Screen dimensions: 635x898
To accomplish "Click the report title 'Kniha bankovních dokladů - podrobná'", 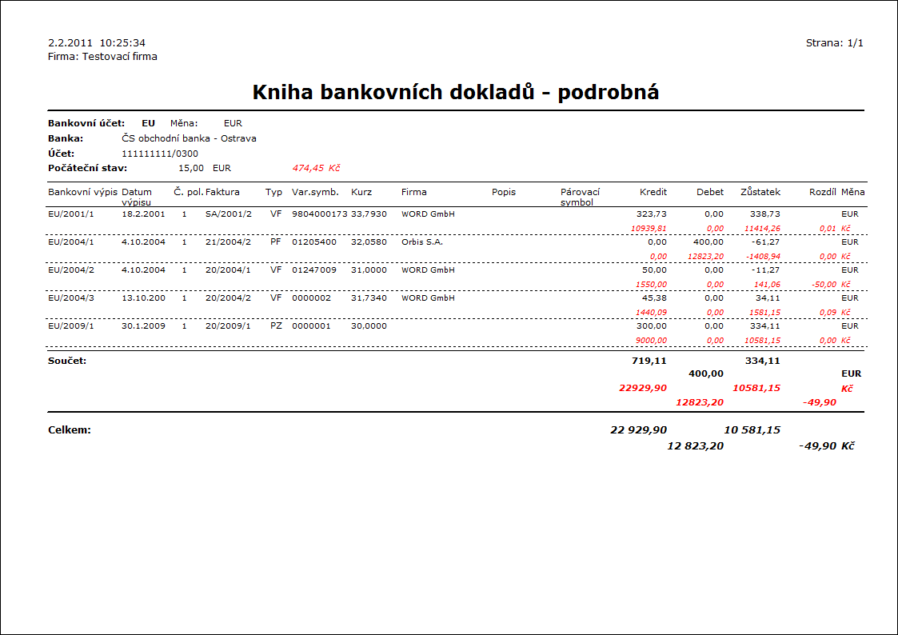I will [x=455, y=93].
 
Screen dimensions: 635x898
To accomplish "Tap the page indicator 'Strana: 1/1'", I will [x=834, y=43].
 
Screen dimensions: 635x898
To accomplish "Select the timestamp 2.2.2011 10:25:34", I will [x=97, y=43].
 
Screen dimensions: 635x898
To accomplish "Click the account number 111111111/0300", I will [x=160, y=154].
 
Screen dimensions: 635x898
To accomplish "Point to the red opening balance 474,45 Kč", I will [x=317, y=168].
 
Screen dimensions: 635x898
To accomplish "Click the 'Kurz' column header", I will [x=361, y=192].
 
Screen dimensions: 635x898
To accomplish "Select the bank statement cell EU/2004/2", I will [x=71, y=270].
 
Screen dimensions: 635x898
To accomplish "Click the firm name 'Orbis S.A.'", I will [x=422, y=242].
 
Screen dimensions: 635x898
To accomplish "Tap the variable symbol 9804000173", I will [x=319, y=214].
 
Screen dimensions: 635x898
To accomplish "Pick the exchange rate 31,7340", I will [x=369, y=298].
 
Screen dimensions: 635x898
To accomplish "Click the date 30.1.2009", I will [x=144, y=326].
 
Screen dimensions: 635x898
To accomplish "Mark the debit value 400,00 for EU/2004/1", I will [x=708, y=242].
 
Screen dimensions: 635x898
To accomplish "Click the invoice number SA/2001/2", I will [x=229, y=214].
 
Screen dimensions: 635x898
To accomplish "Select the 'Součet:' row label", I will [x=67, y=361].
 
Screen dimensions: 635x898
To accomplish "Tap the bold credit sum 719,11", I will [x=649, y=361].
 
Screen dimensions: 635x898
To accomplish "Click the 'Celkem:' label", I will [x=70, y=430].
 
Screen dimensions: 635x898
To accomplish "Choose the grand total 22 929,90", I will [x=638, y=430].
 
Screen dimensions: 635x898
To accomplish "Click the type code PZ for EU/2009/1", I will [x=276, y=326].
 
